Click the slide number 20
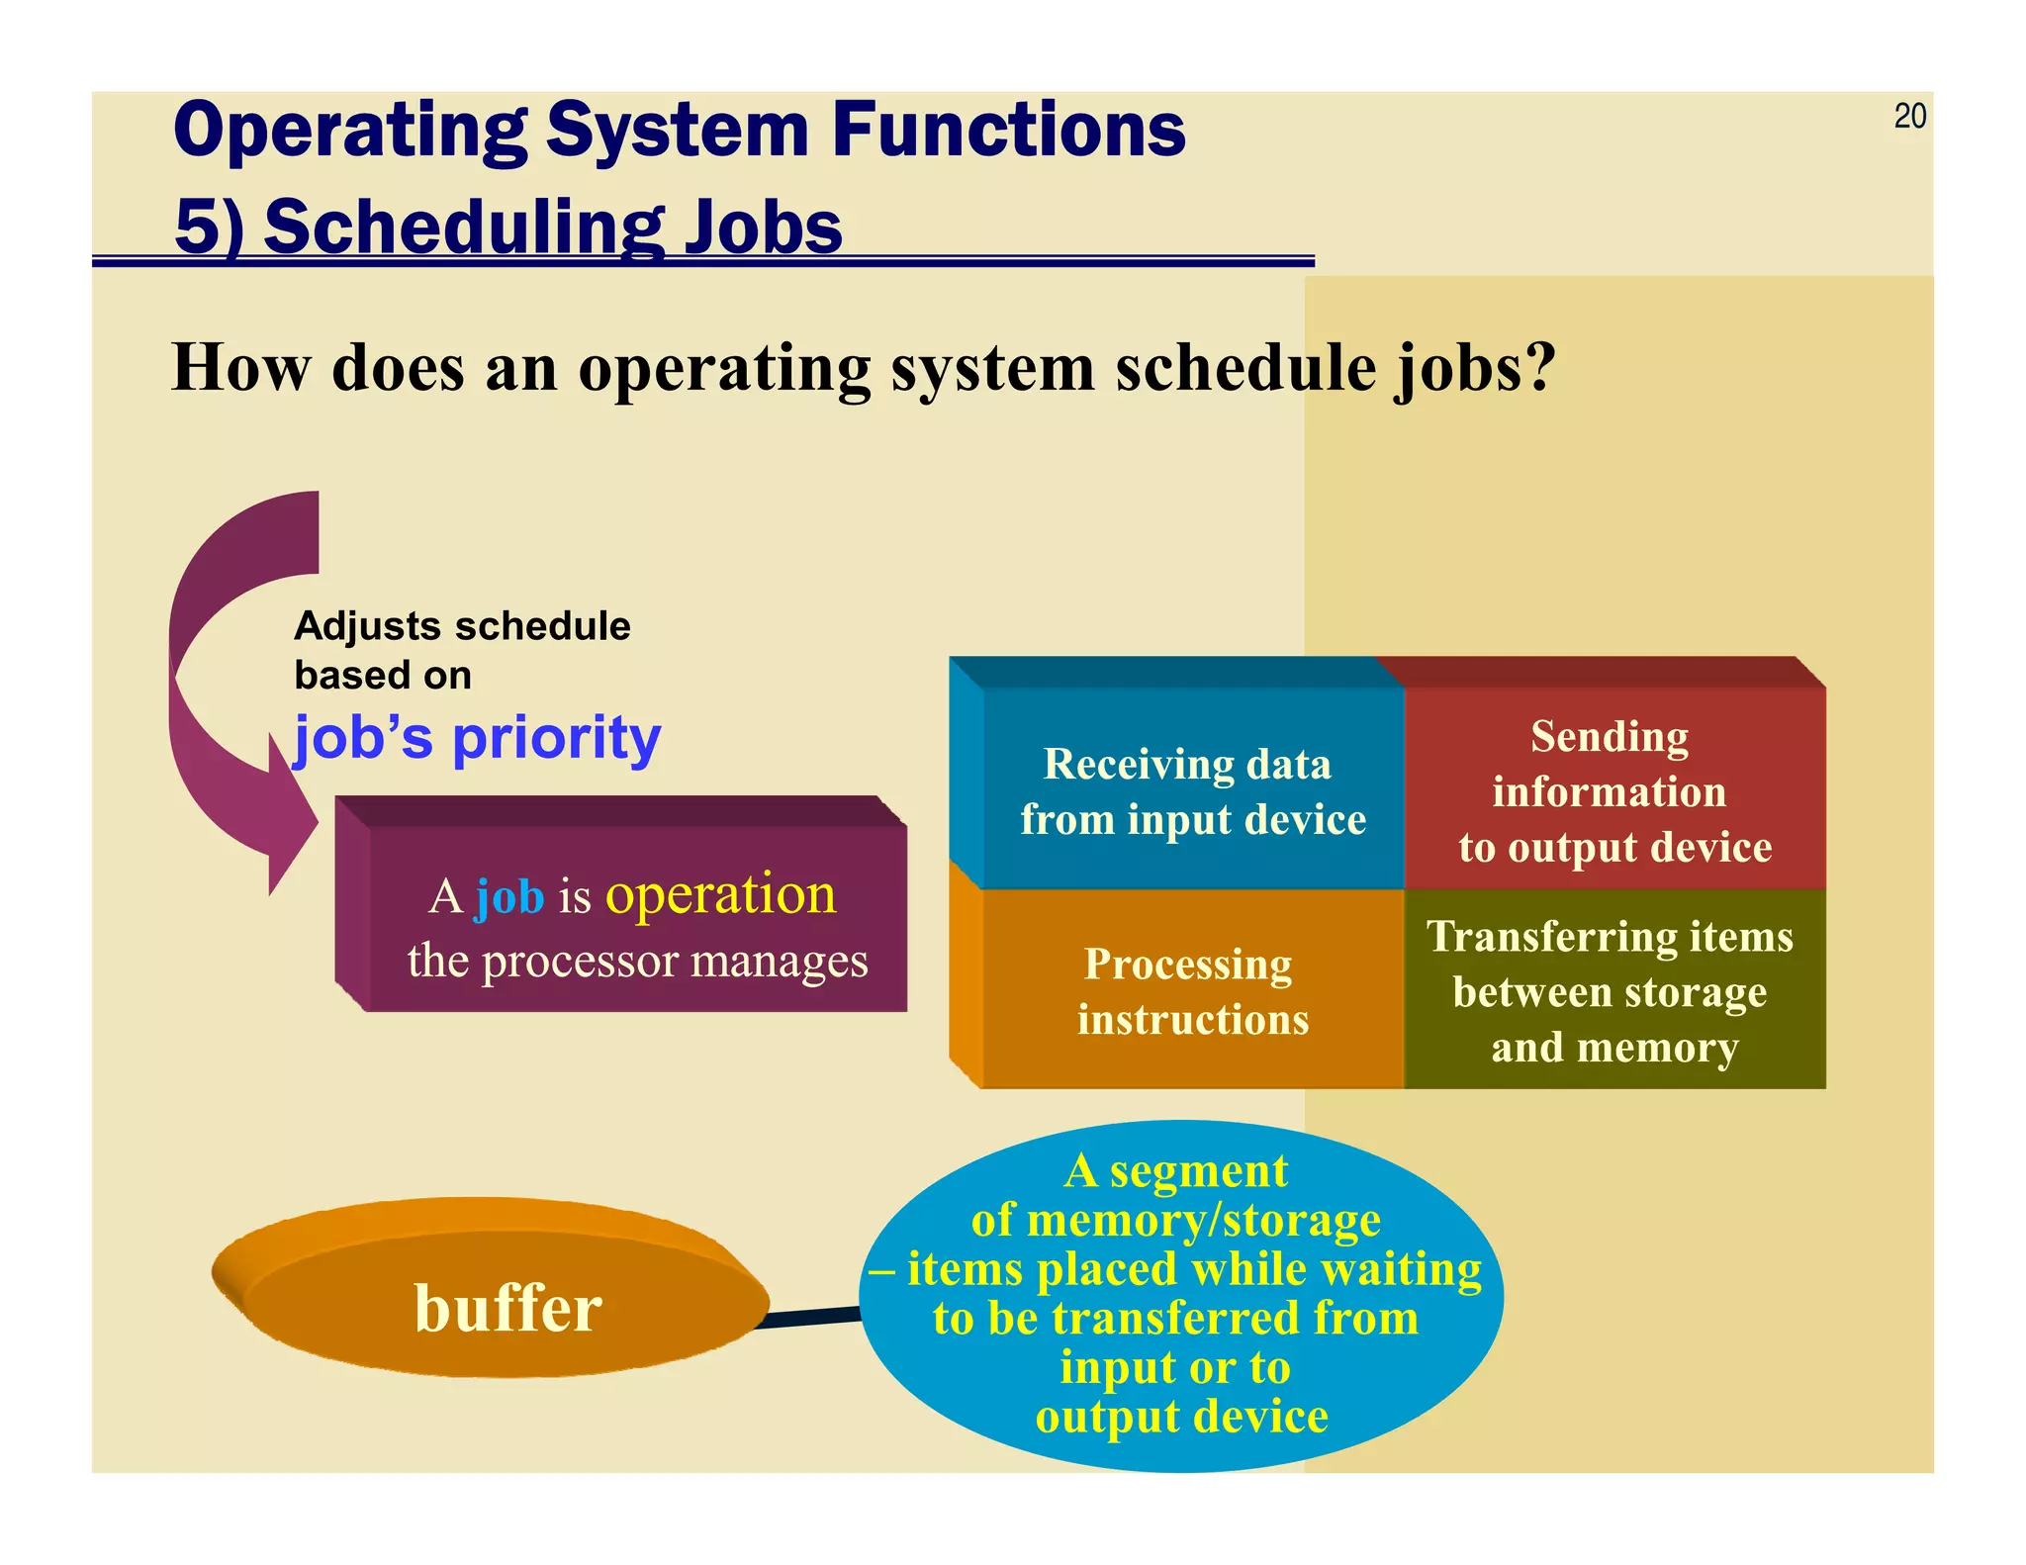click(1909, 117)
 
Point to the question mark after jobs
click(1536, 368)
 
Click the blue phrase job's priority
click(477, 738)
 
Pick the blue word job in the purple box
click(509, 896)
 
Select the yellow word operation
click(720, 894)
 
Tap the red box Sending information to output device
click(1613, 791)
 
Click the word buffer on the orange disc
click(507, 1308)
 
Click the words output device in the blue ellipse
click(1181, 1417)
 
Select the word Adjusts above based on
click(366, 626)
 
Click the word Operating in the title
click(351, 131)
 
